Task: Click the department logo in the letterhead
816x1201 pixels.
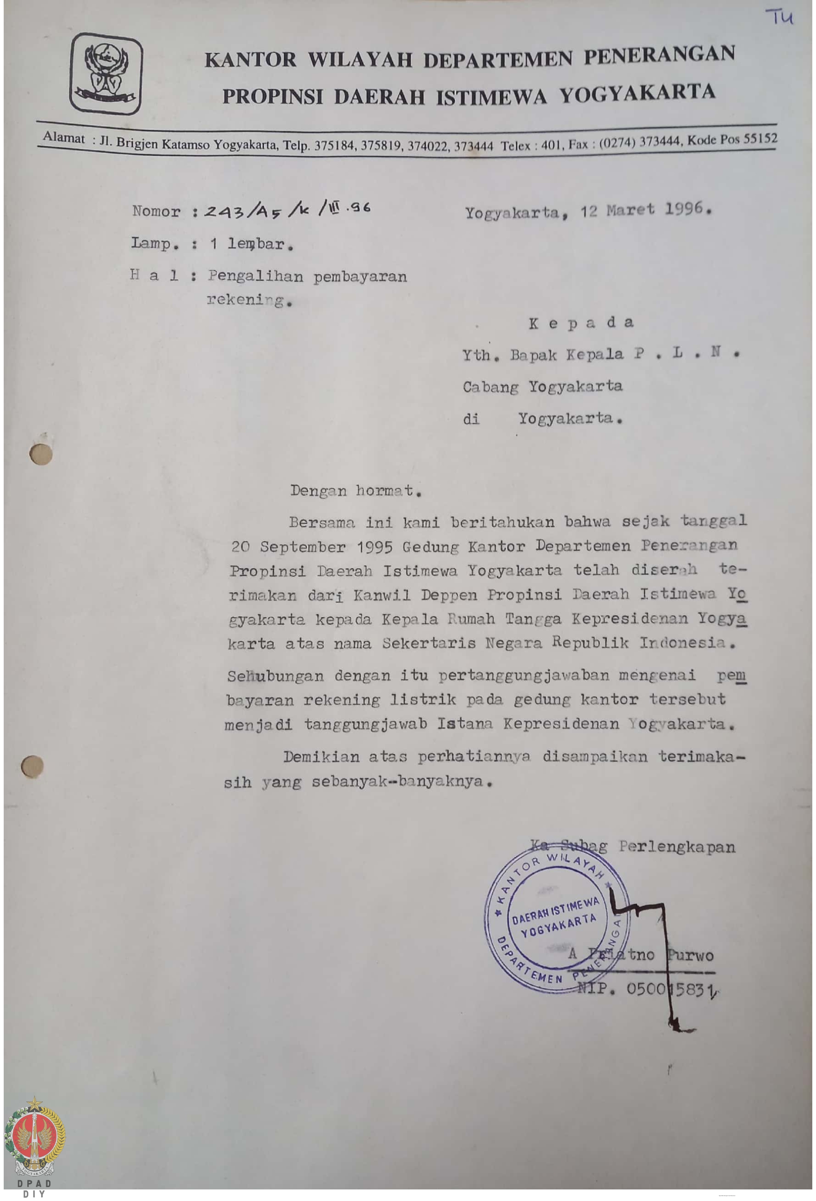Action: click(106, 74)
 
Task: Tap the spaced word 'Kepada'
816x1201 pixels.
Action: click(581, 323)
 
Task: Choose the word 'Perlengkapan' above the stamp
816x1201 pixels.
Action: click(676, 847)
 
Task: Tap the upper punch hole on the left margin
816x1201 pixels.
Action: click(41, 454)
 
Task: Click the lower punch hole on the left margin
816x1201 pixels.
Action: click(32, 767)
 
